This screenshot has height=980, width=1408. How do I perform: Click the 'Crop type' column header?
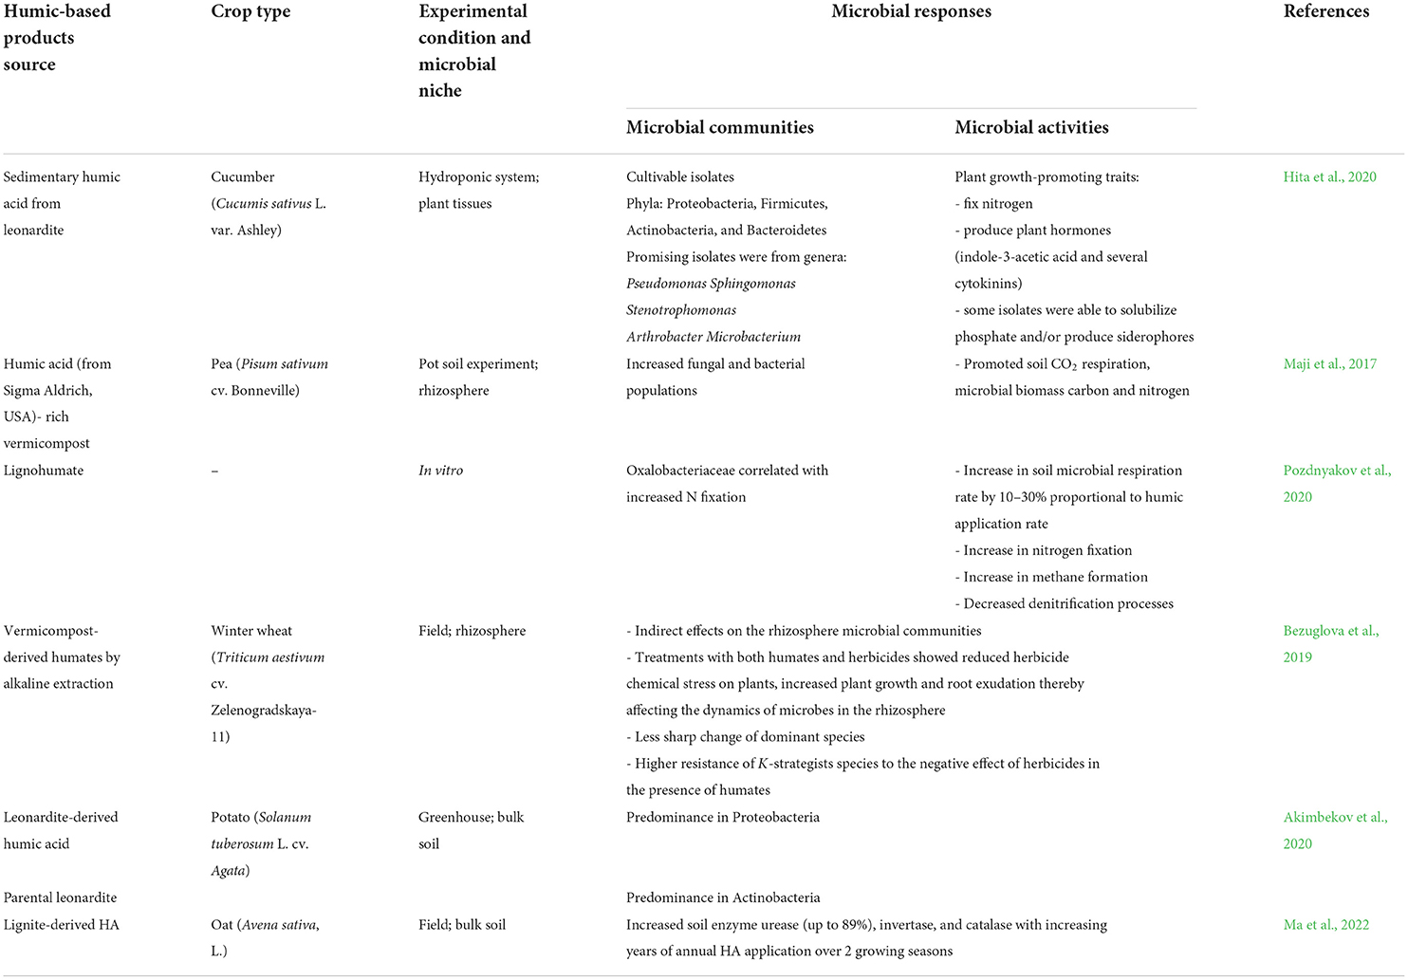pyautogui.click(x=250, y=11)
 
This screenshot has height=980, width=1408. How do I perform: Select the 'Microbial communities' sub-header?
pyautogui.click(x=719, y=127)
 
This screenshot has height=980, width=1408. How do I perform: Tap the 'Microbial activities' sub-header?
pyautogui.click(x=1031, y=127)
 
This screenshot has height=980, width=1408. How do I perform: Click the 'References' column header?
pyautogui.click(x=1325, y=11)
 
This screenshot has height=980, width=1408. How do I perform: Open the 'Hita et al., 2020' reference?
pyautogui.click(x=1329, y=176)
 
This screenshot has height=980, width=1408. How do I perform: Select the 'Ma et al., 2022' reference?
pyautogui.click(x=1325, y=924)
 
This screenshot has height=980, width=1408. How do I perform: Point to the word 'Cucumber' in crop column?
pyautogui.click(x=243, y=176)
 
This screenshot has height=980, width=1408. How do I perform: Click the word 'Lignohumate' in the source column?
pyautogui.click(x=44, y=470)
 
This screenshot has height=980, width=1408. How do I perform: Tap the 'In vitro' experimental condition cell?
pyautogui.click(x=440, y=470)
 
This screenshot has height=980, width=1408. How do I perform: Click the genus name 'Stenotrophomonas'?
pyautogui.click(x=680, y=309)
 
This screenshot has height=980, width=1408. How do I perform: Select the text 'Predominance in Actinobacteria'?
pyautogui.click(x=723, y=897)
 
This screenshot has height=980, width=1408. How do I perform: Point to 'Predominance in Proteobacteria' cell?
pyautogui.click(x=722, y=817)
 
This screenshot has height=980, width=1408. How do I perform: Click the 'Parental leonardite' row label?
pyautogui.click(x=61, y=897)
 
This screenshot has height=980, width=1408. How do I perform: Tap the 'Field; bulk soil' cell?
pyautogui.click(x=461, y=924)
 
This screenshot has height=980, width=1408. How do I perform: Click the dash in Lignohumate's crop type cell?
pyautogui.click(x=214, y=471)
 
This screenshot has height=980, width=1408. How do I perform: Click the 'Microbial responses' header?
pyautogui.click(x=911, y=11)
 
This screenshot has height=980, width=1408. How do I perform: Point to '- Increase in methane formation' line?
pyautogui.click(x=1050, y=577)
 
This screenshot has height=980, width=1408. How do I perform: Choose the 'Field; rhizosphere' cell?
pyautogui.click(x=472, y=630)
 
